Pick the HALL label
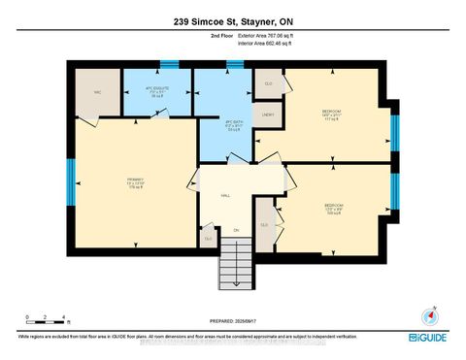[225, 195]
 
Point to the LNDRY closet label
[268, 115]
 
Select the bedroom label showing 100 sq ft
[330, 209]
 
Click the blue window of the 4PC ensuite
[170, 65]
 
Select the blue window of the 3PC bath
[234, 65]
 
